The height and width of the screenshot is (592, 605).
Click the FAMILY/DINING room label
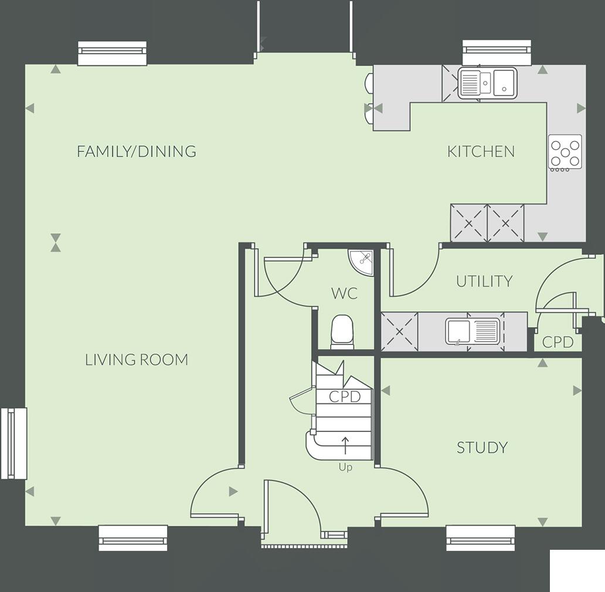click(x=136, y=151)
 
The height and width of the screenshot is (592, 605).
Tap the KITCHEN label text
click(x=481, y=151)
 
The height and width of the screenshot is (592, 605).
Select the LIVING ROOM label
click(x=137, y=359)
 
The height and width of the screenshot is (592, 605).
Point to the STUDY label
click(x=482, y=448)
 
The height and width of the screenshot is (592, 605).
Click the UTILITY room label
click(x=484, y=281)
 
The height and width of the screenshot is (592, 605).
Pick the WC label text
click(x=344, y=293)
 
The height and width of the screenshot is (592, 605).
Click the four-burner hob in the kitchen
click(x=565, y=152)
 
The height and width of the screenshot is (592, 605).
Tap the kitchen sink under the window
click(x=487, y=82)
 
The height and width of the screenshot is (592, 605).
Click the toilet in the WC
click(x=342, y=331)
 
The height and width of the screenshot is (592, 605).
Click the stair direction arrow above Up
click(x=345, y=445)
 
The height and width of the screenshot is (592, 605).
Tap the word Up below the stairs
click(x=345, y=468)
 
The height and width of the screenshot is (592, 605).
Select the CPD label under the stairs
click(x=344, y=397)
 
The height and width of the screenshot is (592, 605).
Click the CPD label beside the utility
click(x=557, y=342)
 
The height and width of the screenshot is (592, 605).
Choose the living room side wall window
click(x=14, y=443)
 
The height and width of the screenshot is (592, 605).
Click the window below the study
click(x=481, y=537)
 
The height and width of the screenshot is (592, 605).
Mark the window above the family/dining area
click(x=112, y=53)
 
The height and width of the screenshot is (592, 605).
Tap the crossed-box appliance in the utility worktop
click(x=400, y=332)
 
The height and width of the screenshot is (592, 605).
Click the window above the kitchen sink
click(x=497, y=53)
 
